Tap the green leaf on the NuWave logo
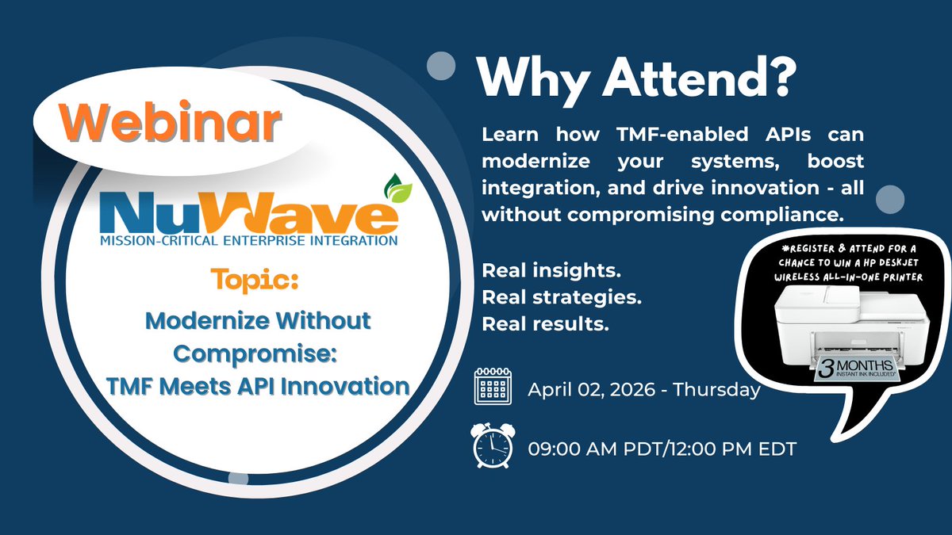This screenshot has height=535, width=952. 393,190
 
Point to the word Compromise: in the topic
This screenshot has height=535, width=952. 257,353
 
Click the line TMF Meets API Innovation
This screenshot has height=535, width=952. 257,386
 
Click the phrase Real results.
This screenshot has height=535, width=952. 545,323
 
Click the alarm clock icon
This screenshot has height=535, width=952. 491,446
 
